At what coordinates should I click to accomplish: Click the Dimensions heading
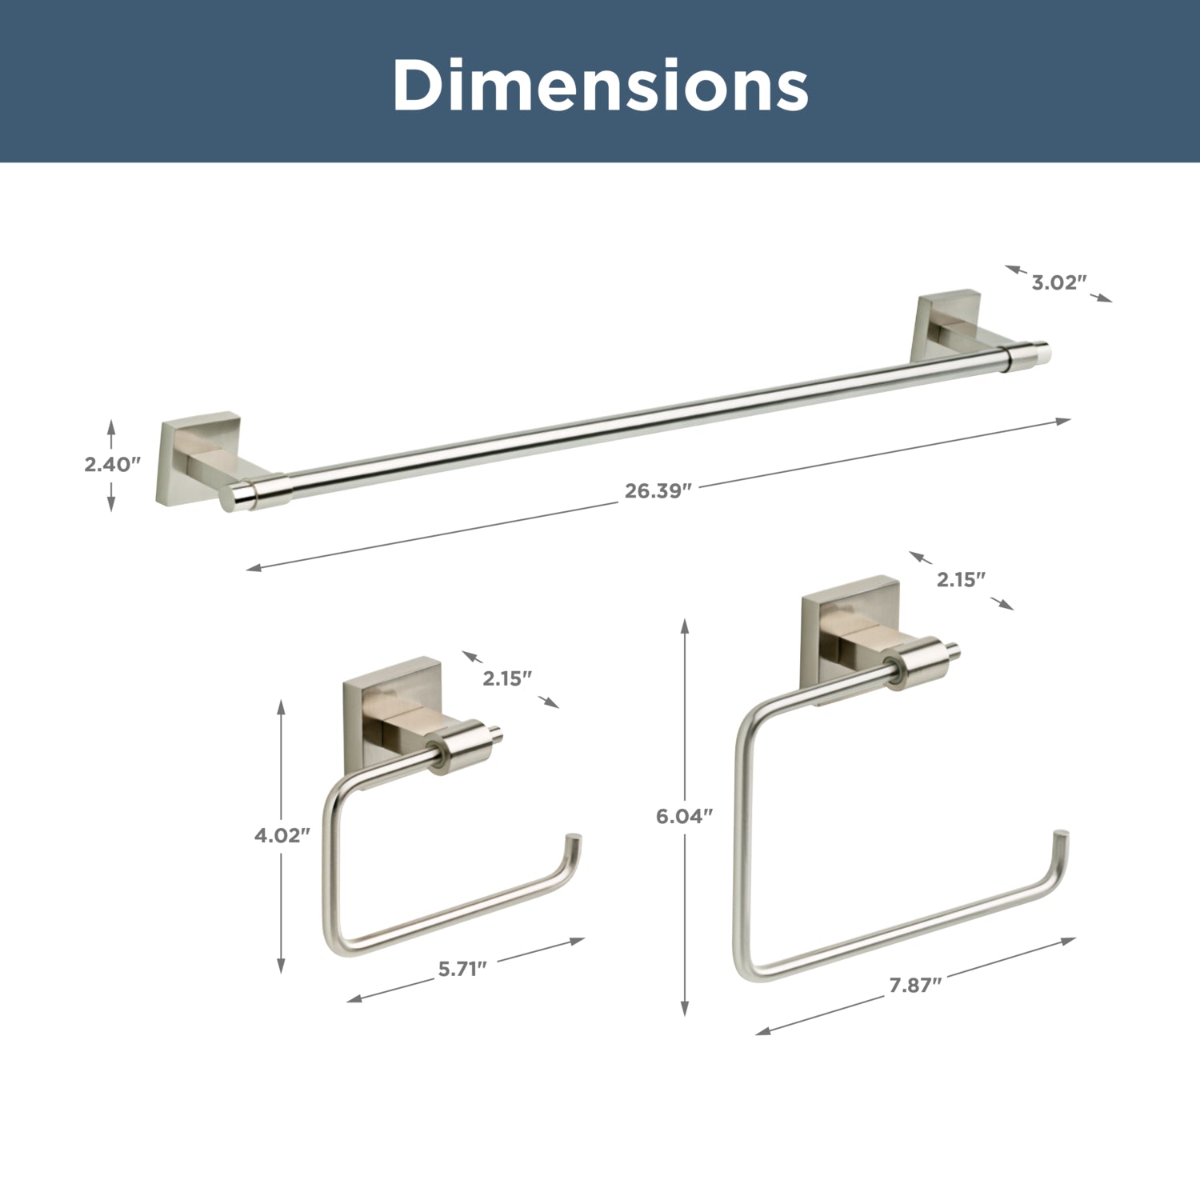point(600,86)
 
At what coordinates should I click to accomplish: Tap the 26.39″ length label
point(657,490)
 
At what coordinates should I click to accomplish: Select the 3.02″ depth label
point(1058,282)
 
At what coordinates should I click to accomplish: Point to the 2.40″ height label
point(112,464)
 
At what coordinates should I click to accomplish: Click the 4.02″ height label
point(282,835)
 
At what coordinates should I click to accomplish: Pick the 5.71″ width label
point(462,969)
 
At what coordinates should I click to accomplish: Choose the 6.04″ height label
point(684,816)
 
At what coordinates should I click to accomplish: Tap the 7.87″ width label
point(915,985)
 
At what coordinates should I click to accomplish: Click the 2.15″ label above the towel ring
point(961,579)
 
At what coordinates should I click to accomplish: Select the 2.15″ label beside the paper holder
point(507,678)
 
